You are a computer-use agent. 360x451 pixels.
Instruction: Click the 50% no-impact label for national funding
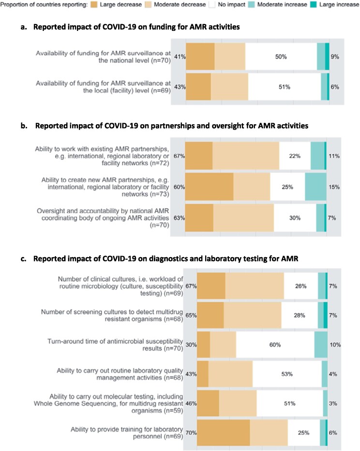(281, 57)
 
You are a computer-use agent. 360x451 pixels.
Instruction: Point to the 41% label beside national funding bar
(180, 57)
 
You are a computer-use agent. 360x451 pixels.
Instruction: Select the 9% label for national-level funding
(334, 57)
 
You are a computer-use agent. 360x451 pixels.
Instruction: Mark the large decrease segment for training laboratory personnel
(224, 433)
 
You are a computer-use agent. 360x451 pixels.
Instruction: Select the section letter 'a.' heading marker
(23, 27)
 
